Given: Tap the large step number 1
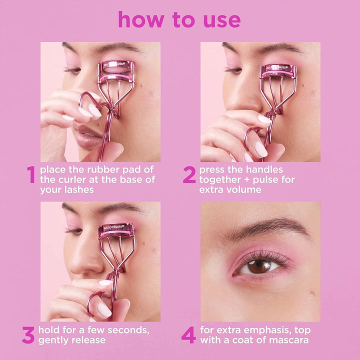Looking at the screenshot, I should [x=31, y=175].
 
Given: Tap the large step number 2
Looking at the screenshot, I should [x=189, y=175].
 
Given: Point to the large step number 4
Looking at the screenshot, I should [x=188, y=335].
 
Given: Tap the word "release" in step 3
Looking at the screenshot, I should [x=88, y=340].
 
